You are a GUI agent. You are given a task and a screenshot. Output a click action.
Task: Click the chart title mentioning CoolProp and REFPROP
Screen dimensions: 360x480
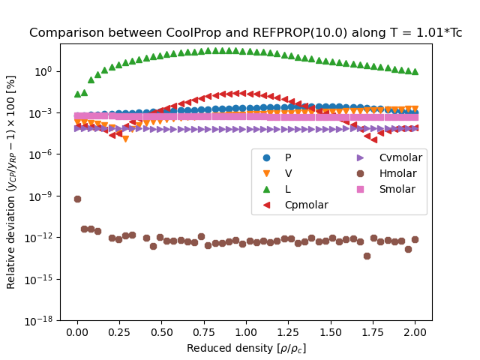tap(245, 33)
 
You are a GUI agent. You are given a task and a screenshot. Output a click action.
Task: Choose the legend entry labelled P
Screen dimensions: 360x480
tap(288, 157)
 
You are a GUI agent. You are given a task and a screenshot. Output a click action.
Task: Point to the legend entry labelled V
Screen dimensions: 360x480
tap(288, 173)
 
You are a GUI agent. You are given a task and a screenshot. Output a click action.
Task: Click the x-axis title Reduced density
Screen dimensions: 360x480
tap(246, 348)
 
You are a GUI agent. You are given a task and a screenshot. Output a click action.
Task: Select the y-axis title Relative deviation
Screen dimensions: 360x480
tap(12, 181)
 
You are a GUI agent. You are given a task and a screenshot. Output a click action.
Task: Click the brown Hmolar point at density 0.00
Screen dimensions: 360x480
tap(77, 199)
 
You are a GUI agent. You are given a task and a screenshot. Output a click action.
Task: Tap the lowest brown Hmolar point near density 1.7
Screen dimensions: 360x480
tap(367, 256)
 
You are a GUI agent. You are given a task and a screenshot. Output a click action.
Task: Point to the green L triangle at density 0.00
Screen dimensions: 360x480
tap(77, 94)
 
